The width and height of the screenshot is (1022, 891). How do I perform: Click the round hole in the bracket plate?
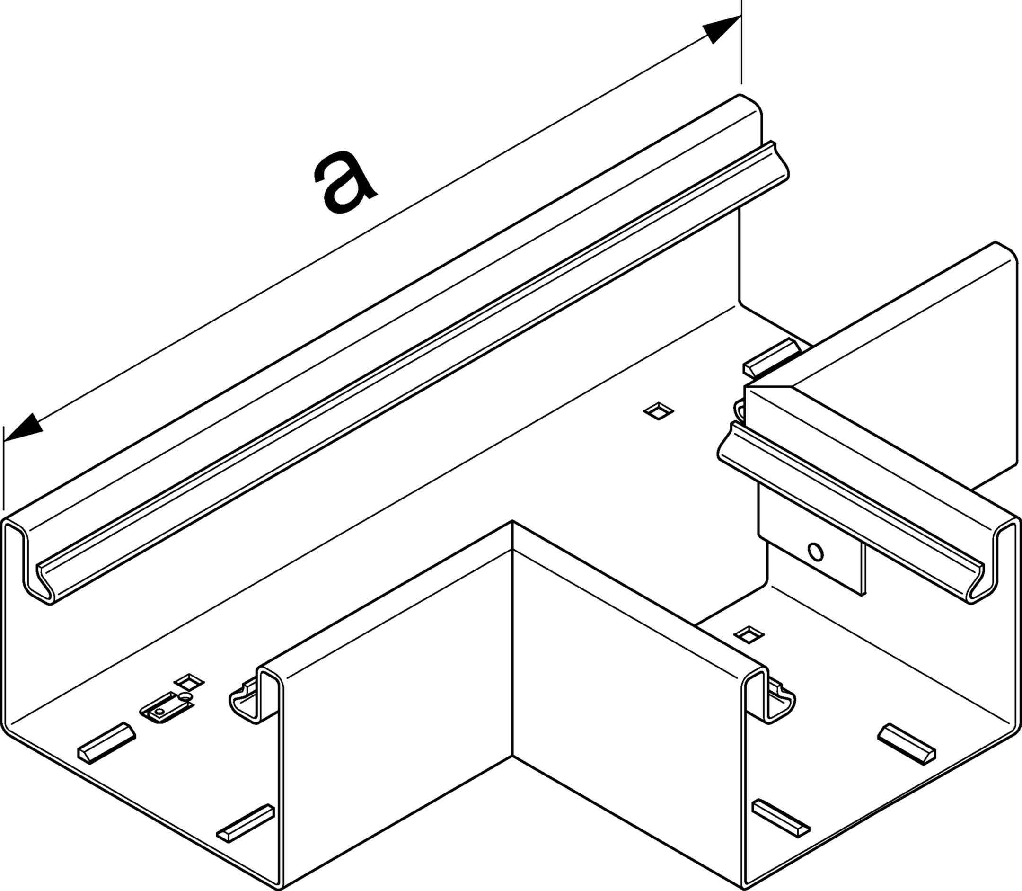(815, 552)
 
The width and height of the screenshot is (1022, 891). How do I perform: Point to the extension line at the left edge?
(3, 467)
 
